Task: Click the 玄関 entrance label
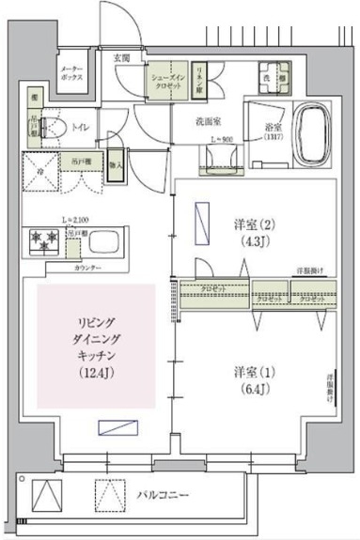pyautogui.click(x=123, y=57)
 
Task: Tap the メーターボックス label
pyautogui.click(x=71, y=74)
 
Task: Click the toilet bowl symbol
pyautogui.click(x=52, y=126)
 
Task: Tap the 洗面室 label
pyautogui.click(x=207, y=121)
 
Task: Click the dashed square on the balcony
pyautogui.click(x=109, y=492)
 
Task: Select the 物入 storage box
pyautogui.click(x=115, y=165)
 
